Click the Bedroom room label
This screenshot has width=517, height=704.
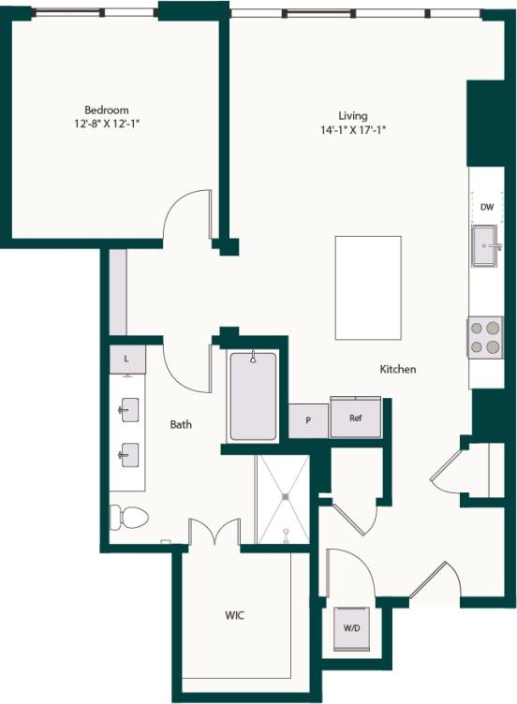106,110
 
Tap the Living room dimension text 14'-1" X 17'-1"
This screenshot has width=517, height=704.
352,131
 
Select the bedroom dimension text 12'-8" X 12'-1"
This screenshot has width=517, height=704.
106,124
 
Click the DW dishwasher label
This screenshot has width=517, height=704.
487,207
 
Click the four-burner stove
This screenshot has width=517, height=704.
485,337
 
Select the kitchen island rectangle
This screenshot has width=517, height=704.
368,287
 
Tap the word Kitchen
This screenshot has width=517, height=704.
397,370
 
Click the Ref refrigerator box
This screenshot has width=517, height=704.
356,418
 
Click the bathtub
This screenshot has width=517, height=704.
253,395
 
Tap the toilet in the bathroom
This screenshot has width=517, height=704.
128,517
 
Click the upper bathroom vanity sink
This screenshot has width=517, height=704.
128,410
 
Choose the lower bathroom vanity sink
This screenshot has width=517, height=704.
128,455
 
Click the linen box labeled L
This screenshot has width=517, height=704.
126,359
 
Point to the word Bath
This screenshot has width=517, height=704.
181,425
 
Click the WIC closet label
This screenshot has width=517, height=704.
235,617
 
